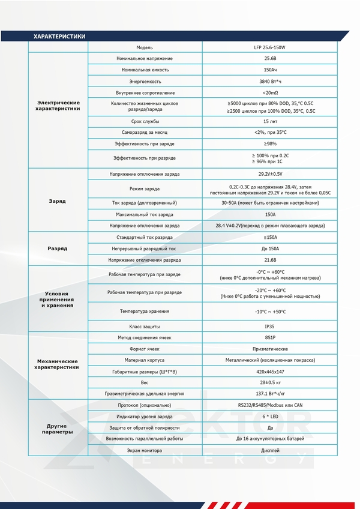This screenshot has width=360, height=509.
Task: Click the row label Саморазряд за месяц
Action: pos(145,133)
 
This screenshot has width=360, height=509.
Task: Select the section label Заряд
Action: pos(58,200)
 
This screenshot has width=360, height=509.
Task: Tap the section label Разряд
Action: pos(58,248)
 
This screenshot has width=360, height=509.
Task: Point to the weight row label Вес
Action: pos(145,382)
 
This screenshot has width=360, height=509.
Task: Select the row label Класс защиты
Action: pos(145,327)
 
